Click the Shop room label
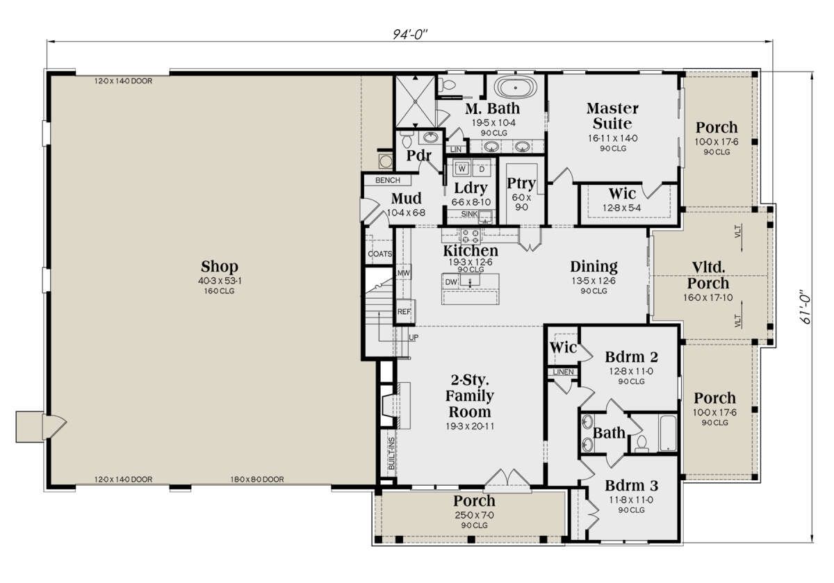pos(220,267)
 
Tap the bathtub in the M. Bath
pos(516,88)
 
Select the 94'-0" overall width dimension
pos(410,34)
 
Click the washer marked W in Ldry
pos(462,169)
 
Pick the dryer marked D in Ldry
pos(482,169)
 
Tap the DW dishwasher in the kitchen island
pos(451,282)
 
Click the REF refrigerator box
pos(404,311)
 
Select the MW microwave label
pos(404,273)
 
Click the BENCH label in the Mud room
pos(388,180)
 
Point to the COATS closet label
pos(379,254)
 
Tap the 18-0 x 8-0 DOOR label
pos(257,479)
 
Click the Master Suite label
pos(612,115)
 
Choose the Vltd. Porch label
pos(708,275)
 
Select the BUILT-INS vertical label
pos(391,453)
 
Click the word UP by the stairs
pos(414,337)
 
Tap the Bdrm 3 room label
pos(632,486)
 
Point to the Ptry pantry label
pos(521,183)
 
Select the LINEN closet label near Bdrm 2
pos(564,372)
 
